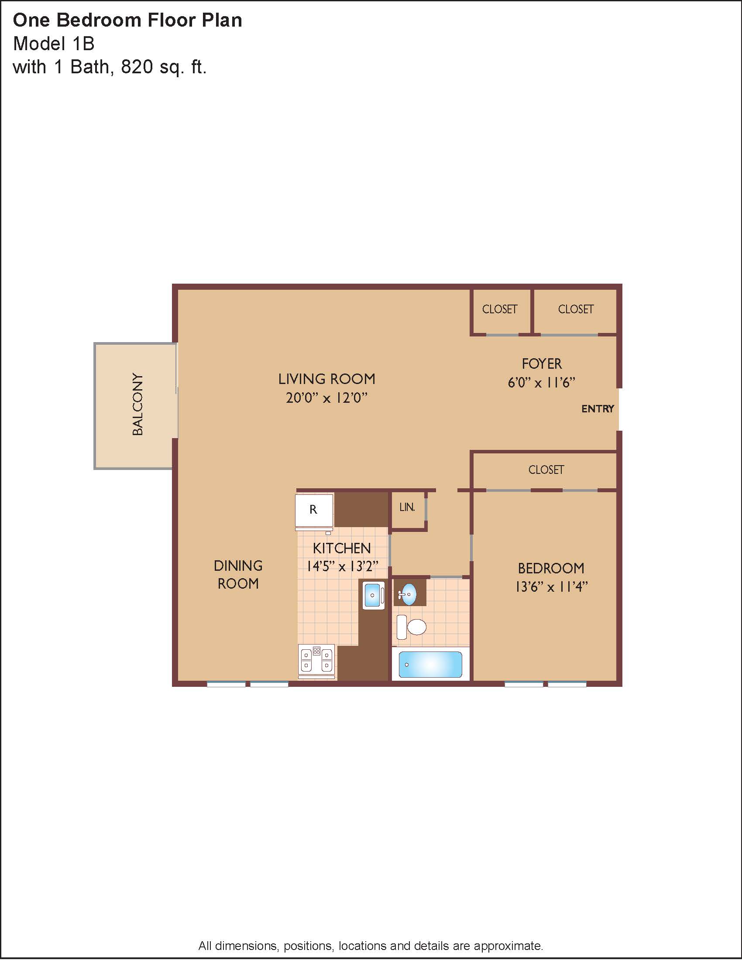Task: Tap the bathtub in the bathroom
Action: tap(430, 665)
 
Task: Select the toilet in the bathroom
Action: tap(412, 627)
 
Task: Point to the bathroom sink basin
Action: tap(409, 594)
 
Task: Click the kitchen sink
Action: tap(374, 595)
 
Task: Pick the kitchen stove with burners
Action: tap(316, 660)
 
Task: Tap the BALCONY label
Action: tap(137, 405)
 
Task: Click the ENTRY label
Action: tap(598, 409)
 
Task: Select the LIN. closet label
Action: tap(407, 507)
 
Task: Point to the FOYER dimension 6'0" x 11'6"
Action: tap(542, 382)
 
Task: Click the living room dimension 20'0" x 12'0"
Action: tap(326, 398)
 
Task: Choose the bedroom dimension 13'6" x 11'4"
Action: tap(551, 586)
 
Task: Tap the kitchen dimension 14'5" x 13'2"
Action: tap(342, 566)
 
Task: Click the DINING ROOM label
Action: tap(238, 575)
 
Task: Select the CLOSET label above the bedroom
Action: tap(546, 470)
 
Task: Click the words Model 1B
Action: tap(54, 44)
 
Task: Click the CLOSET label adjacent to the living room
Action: tap(500, 309)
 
